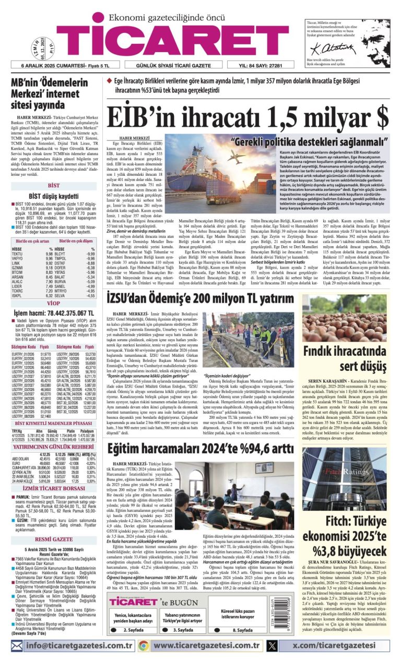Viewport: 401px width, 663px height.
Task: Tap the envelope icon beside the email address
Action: (x=17, y=646)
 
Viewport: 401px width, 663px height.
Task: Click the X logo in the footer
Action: (x=272, y=646)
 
